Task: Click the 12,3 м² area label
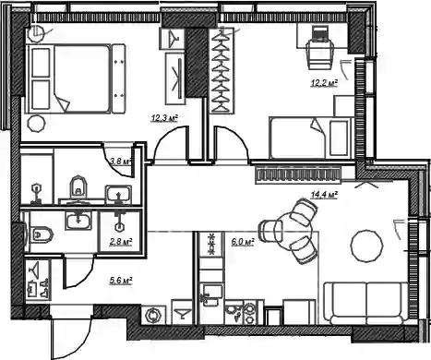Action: pyautogui.click(x=164, y=118)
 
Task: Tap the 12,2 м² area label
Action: pyautogui.click(x=324, y=83)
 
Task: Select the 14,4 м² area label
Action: pyautogui.click(x=325, y=195)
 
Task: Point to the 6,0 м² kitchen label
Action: pyautogui.click(x=243, y=242)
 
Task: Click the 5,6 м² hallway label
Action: pyautogui.click(x=121, y=280)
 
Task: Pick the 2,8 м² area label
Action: pyautogui.click(x=121, y=242)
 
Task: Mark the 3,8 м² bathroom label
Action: pyautogui.click(x=121, y=161)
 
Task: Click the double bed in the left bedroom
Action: pyautogui.click(x=76, y=78)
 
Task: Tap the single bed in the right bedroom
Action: pyautogui.click(x=311, y=138)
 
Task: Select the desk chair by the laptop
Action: pyautogui.click(x=320, y=55)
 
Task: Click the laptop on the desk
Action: pyautogui.click(x=320, y=33)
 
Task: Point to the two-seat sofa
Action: pyautogui.click(x=366, y=304)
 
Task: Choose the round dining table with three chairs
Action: pyautogui.click(x=293, y=231)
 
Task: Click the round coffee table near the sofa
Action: pyautogui.click(x=367, y=246)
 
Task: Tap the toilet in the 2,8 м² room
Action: pyautogui.click(x=42, y=234)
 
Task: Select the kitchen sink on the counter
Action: pyautogui.click(x=212, y=294)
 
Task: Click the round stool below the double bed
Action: pyautogui.click(x=37, y=124)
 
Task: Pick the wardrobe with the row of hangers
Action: pyautogui.click(x=222, y=70)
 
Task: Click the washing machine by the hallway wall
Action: pyautogui.click(x=153, y=316)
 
